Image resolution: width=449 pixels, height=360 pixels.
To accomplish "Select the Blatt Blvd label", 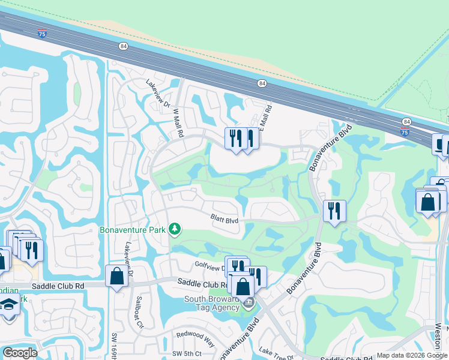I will click(x=224, y=220).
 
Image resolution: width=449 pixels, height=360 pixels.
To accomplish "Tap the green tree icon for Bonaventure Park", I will click(x=175, y=229).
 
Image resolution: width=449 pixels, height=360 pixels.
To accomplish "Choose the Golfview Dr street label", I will click(x=208, y=264).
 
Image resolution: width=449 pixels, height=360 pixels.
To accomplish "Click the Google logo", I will click(x=20, y=353).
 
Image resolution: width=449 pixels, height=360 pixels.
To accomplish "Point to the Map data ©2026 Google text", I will click(x=412, y=355).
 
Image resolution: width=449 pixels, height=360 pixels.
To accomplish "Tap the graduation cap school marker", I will click(x=8, y=305).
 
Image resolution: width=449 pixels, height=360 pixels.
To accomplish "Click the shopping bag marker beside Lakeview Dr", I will click(x=116, y=277).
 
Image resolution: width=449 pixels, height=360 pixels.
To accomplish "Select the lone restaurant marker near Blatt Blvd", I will click(x=334, y=211).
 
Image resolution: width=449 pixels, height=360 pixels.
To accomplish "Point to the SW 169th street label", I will click(x=113, y=347).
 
